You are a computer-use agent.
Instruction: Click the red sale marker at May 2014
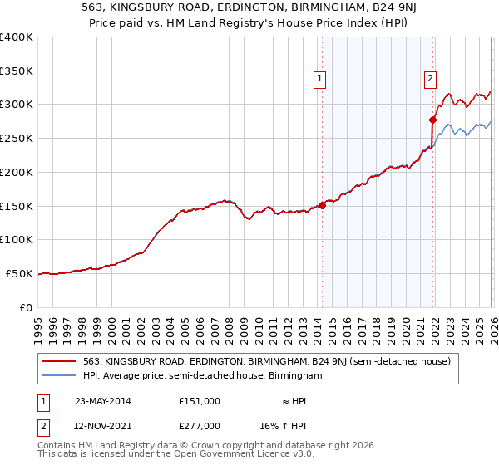pyautogui.click(x=322, y=205)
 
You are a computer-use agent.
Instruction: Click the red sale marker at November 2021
pyautogui.click(x=432, y=120)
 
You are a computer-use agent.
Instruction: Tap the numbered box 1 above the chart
pyautogui.click(x=319, y=79)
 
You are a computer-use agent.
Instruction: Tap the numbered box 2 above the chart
pyautogui.click(x=430, y=79)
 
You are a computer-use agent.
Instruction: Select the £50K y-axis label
pyautogui.click(x=20, y=273)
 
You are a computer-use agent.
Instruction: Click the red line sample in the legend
pyautogui.click(x=58, y=361)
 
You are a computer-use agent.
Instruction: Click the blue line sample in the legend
pyautogui.click(x=58, y=375)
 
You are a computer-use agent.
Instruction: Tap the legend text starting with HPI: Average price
pyautogui.click(x=202, y=375)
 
